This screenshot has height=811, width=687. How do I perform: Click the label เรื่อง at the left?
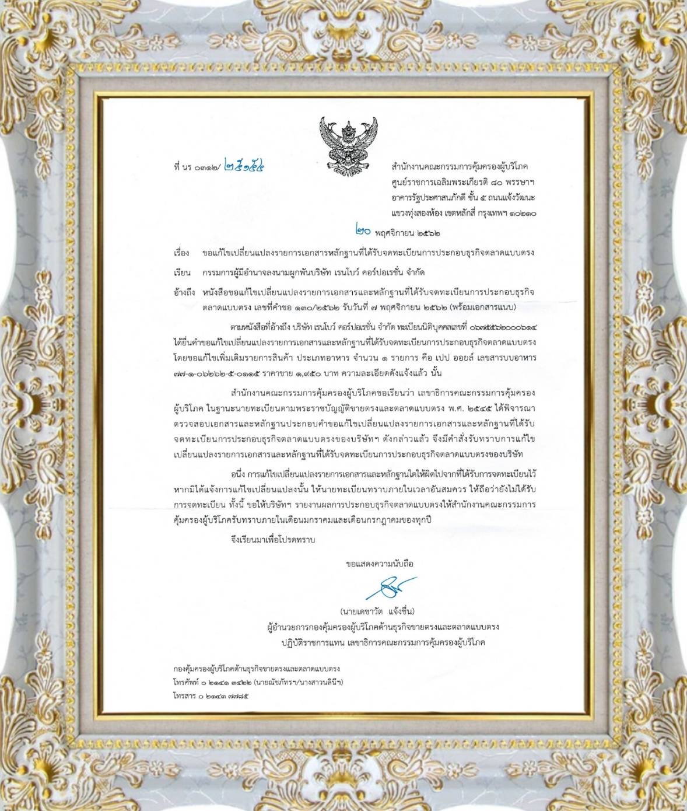tap(181, 253)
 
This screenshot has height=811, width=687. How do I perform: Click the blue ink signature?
tap(389, 587)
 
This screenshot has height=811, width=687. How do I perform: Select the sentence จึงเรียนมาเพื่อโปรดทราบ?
tap(272, 540)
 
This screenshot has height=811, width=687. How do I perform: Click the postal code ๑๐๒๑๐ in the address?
tap(523, 214)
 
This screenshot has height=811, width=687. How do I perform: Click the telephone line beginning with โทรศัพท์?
tap(258, 682)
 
